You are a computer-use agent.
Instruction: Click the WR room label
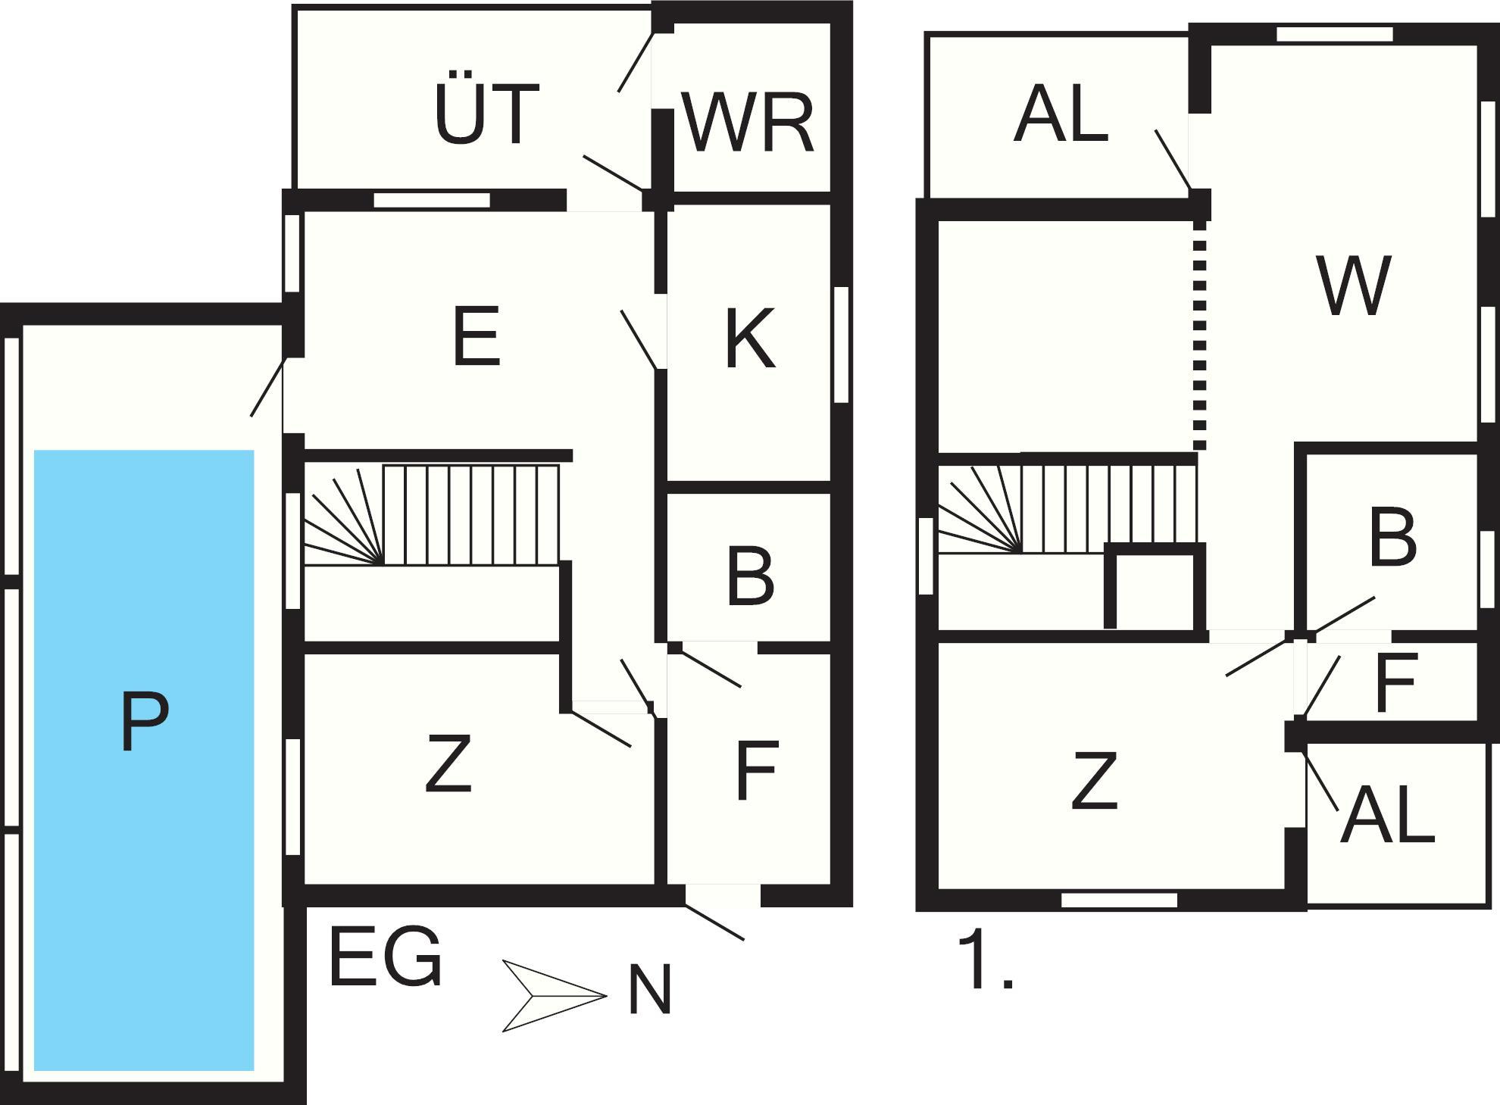(x=748, y=123)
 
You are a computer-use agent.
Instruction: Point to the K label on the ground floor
(x=750, y=339)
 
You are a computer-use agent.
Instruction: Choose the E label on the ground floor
(x=477, y=336)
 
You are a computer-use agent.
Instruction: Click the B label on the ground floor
(x=750, y=576)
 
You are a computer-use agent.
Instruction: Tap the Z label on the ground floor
(x=448, y=763)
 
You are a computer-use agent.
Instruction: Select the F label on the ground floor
(x=757, y=771)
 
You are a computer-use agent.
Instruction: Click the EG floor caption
(x=386, y=957)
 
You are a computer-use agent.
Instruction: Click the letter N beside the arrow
(x=650, y=990)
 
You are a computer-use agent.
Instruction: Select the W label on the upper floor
(x=1354, y=286)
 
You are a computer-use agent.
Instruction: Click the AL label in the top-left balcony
(x=1061, y=115)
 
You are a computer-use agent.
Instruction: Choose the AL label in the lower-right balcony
(x=1388, y=815)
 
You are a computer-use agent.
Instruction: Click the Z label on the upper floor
(x=1095, y=781)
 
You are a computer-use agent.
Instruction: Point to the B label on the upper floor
(x=1393, y=538)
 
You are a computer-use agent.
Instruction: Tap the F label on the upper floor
(x=1395, y=683)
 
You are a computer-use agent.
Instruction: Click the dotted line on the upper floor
(x=1199, y=333)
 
